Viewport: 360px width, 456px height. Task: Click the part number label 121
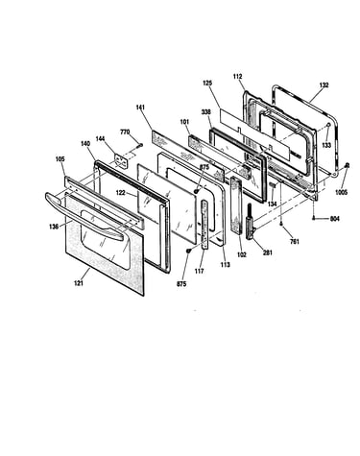79,283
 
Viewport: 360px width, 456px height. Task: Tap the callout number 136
54,227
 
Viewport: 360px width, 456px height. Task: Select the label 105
60,159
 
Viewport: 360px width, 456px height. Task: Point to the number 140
85,144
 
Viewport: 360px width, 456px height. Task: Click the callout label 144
101,138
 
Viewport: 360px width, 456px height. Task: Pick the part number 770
125,132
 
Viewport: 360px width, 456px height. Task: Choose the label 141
140,108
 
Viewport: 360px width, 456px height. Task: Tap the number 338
206,112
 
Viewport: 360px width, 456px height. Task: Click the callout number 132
324,85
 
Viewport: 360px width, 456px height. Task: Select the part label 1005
342,193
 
